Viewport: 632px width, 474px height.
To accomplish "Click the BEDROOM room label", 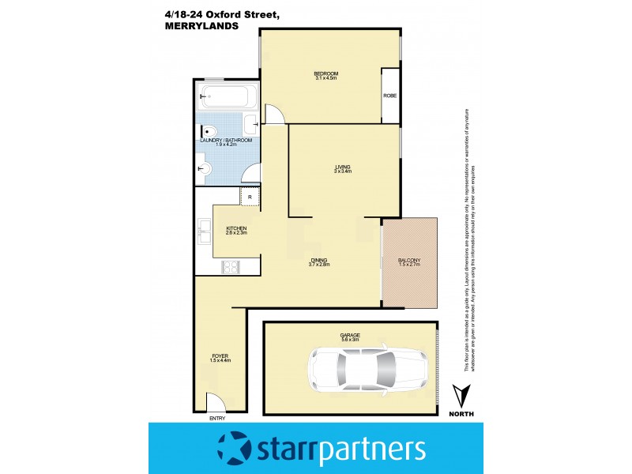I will coord(325,73).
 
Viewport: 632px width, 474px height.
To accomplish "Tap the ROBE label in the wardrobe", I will coord(389,96).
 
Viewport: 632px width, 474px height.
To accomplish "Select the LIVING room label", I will coord(342,167).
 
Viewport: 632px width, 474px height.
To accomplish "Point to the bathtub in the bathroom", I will coord(227,99).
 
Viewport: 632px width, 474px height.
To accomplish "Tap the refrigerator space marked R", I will coord(250,196).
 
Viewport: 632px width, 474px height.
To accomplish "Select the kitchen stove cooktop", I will coord(231,267).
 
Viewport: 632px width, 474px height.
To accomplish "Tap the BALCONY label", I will coord(408,259).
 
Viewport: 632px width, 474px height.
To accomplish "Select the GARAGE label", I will coord(350,335).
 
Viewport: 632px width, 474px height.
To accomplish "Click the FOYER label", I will coord(220,355).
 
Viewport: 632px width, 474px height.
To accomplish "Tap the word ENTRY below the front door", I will coord(217,418).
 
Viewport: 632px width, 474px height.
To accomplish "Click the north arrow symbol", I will coord(462,395).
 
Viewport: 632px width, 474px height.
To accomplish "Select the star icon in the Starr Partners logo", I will coord(235,449).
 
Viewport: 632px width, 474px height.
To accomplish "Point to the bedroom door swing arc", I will coord(273,115).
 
